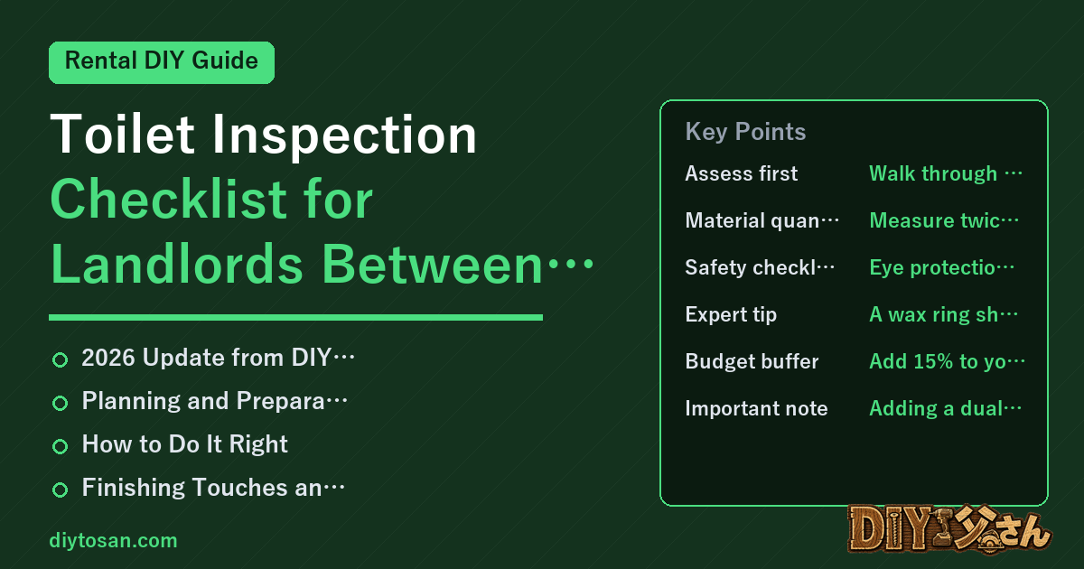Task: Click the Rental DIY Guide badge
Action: (162, 62)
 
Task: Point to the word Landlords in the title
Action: (177, 264)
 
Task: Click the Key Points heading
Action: (745, 132)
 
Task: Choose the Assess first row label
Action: (741, 173)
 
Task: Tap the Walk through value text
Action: (946, 173)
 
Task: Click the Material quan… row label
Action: (762, 220)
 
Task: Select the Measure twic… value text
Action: (944, 220)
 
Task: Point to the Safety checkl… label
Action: (760, 267)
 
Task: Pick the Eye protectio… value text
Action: (941, 267)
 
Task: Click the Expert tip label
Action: (731, 314)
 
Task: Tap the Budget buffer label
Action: (752, 361)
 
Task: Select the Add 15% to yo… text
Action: (947, 361)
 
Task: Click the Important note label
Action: (756, 408)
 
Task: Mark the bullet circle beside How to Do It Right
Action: (60, 446)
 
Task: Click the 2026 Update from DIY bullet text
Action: (218, 358)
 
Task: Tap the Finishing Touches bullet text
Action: (213, 487)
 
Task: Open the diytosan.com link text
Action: (113, 540)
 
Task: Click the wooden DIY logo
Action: (949, 528)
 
